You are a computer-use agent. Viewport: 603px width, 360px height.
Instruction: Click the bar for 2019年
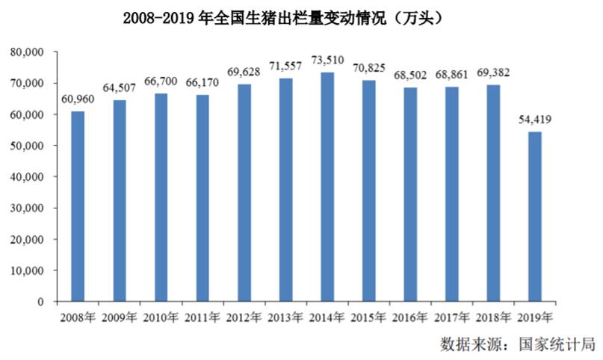click(535, 217)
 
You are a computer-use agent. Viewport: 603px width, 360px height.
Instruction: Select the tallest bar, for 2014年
click(327, 187)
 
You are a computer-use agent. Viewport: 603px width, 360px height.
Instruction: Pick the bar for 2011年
click(202, 198)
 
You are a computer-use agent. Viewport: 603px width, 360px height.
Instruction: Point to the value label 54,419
click(535, 120)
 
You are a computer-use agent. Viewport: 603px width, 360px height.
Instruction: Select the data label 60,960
click(78, 99)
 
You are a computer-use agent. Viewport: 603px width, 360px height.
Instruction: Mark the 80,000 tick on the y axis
click(28, 52)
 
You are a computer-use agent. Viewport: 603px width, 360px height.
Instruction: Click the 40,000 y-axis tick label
click(28, 177)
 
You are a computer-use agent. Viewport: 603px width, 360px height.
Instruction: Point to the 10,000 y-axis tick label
click(28, 270)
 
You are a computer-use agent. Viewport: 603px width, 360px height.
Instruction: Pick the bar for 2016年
click(410, 194)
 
